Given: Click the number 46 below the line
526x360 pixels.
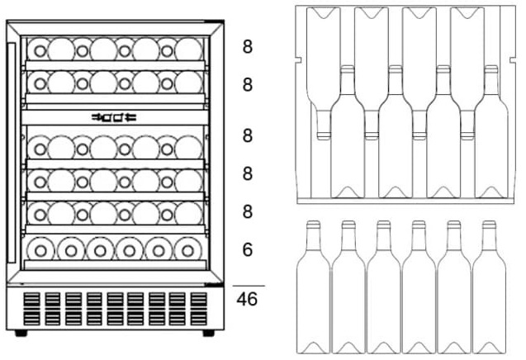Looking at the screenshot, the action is [x=247, y=299].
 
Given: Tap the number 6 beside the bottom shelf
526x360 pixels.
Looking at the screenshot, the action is [x=247, y=249].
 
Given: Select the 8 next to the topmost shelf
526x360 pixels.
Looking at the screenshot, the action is [x=247, y=46].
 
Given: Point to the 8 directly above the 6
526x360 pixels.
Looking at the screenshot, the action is [x=247, y=211].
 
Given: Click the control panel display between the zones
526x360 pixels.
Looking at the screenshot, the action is [x=114, y=117].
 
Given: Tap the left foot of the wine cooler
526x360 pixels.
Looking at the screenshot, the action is [x=21, y=333].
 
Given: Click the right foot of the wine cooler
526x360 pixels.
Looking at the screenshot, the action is [x=208, y=333].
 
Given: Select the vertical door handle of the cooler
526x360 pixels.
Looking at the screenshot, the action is [x=12, y=153].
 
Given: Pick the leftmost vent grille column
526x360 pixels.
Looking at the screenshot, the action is [x=32, y=309].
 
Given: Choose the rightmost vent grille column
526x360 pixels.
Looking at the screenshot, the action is [x=198, y=309].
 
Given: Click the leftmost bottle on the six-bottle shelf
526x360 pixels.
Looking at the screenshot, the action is [x=40, y=250].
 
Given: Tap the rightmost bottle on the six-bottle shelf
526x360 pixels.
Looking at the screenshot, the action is [x=188, y=250].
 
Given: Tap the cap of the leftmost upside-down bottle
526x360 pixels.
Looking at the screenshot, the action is [x=324, y=136].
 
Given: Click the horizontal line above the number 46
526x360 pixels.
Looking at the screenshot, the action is [x=249, y=286].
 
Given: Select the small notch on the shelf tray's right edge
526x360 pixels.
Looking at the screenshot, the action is [x=513, y=60].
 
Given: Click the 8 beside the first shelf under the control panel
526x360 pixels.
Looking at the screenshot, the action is [x=247, y=136].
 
